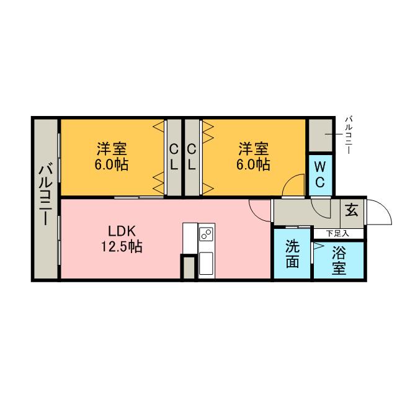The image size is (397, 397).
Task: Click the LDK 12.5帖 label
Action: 122,238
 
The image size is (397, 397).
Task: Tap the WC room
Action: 320,175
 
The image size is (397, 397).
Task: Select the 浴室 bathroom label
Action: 339,261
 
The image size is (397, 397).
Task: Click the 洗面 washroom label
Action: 292,254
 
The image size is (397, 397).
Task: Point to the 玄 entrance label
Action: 352,210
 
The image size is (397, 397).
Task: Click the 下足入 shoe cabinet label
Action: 337,233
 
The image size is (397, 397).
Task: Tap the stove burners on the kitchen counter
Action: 206,234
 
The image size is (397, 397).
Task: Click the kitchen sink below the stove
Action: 206,263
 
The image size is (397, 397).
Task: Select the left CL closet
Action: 174,158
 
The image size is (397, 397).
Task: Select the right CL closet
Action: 192,158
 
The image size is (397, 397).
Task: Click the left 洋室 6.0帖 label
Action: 112,156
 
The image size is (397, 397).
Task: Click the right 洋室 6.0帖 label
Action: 253,156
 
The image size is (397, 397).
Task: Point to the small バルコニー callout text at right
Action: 349,135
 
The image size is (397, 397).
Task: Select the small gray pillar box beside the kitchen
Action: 189,267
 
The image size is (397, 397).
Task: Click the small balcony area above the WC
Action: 321,135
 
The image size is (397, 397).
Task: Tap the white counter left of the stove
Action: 190,238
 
